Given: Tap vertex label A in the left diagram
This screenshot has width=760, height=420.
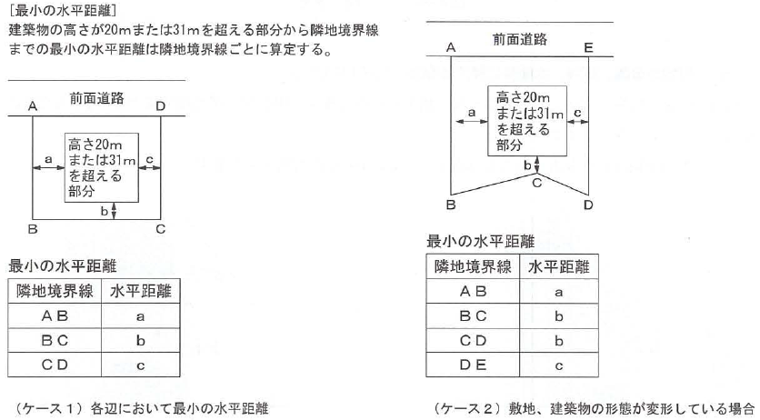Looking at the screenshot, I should [32, 106].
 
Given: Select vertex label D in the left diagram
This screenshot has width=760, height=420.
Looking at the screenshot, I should [160, 106].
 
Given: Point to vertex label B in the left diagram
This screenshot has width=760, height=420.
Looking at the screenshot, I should [32, 228].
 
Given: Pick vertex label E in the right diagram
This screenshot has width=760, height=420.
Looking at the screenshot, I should [589, 44].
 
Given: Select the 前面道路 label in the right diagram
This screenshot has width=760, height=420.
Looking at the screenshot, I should [520, 39].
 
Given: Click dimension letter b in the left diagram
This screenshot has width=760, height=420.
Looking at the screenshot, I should [103, 212].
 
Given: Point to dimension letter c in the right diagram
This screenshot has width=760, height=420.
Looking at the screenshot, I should [578, 111].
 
